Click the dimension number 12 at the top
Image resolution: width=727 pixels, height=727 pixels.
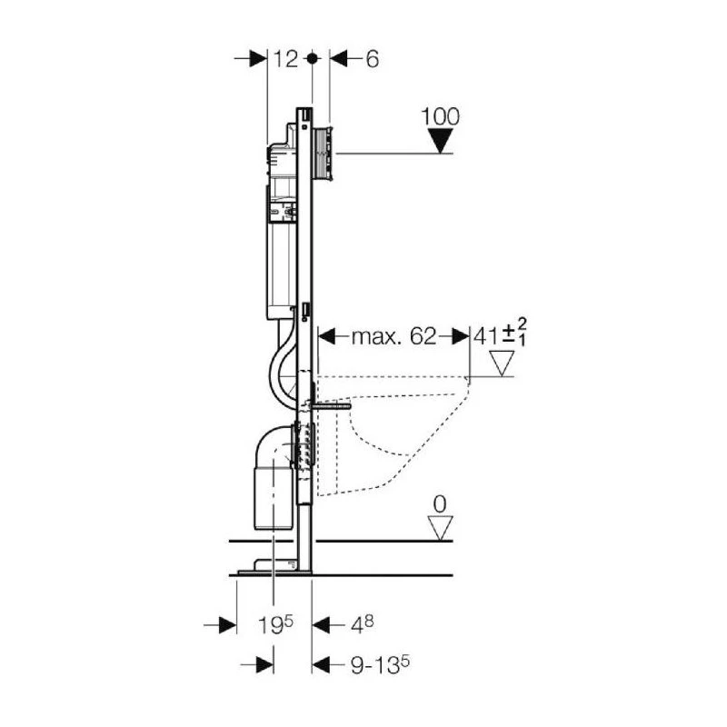[285, 59]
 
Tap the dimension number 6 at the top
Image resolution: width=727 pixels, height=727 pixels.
[373, 59]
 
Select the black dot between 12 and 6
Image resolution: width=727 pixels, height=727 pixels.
[313, 58]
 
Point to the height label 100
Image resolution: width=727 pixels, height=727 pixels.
[441, 117]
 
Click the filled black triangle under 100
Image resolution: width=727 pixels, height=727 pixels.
[440, 141]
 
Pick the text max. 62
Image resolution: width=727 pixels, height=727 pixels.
[394, 336]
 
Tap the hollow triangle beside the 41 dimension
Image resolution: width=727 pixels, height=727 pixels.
[503, 363]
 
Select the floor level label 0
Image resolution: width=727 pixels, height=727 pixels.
[440, 504]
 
